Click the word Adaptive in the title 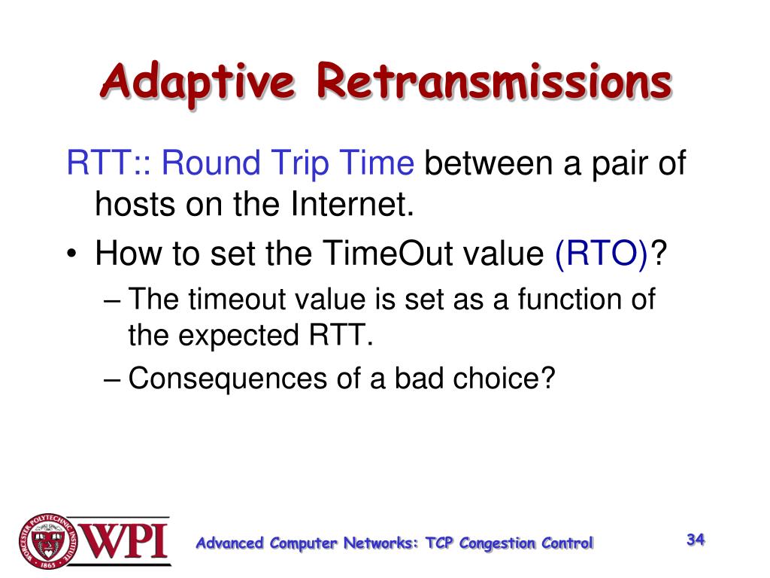pos(198,81)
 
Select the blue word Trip pos(299,163)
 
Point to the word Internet pos(353,203)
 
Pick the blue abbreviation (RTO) pos(602,254)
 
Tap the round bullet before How pos(72,254)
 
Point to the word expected pos(238,336)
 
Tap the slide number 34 pos(696,540)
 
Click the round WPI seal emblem pos(49,542)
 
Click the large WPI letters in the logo pos(125,540)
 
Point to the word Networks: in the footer pos(381,543)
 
